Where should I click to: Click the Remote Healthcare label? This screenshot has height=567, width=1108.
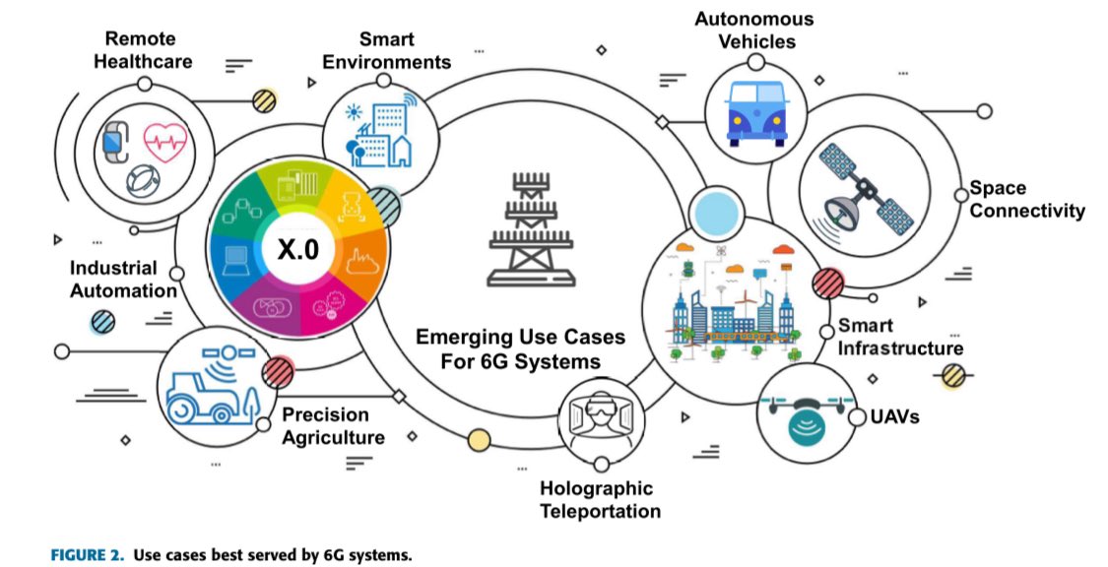pos(148,50)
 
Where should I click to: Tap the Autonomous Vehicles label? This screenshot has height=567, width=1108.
pos(753,31)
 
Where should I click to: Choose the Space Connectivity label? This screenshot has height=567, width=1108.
pos(1025,199)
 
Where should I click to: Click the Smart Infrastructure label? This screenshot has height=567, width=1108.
pos(899,337)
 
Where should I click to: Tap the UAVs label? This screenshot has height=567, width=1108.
pos(894,416)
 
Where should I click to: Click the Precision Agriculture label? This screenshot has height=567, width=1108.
pos(331,425)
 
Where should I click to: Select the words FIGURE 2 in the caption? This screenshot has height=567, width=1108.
pos(88,555)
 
